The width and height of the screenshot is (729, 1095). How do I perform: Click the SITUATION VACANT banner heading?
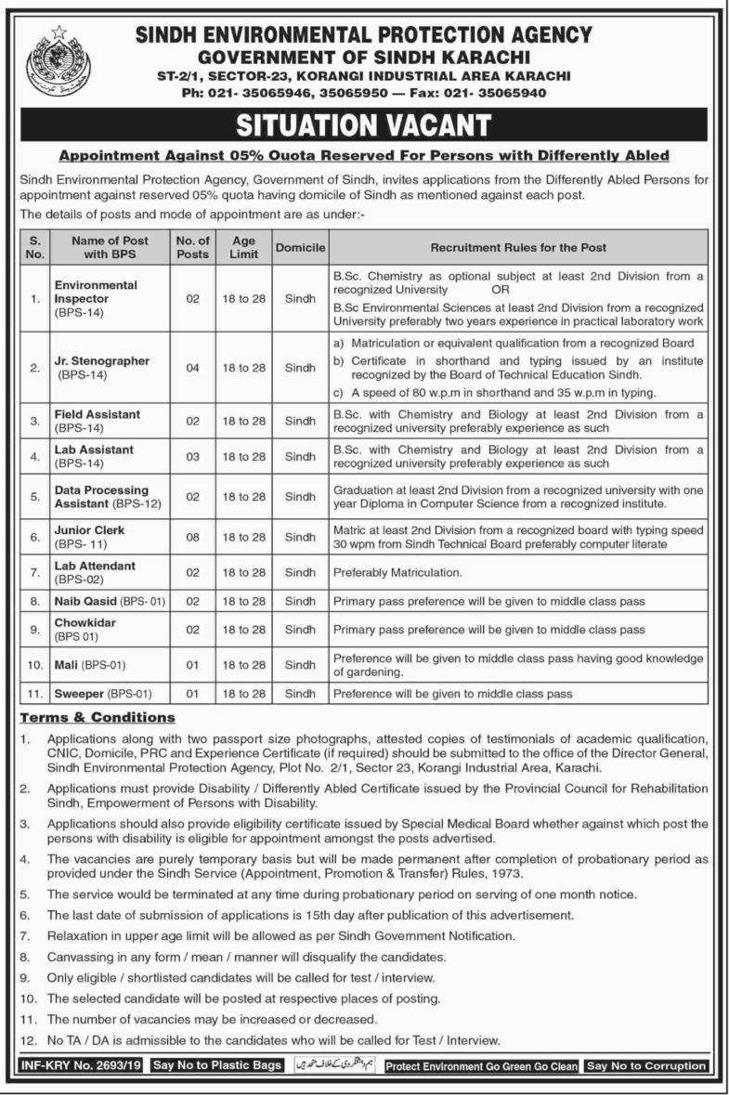click(x=364, y=124)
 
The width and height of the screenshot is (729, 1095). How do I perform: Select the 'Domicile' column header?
click(x=299, y=248)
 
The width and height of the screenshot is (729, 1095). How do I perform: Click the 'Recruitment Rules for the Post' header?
click(x=517, y=248)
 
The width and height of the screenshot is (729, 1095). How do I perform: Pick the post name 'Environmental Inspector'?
click(x=96, y=292)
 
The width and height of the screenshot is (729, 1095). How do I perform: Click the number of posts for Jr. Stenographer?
click(x=192, y=368)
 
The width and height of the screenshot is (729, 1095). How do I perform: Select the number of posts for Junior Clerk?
click(x=192, y=537)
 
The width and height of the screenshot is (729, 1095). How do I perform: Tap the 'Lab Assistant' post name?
click(x=94, y=450)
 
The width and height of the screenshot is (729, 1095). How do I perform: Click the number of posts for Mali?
click(x=192, y=665)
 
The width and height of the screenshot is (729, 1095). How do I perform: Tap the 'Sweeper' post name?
click(x=77, y=694)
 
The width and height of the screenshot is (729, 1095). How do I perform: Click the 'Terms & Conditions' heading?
click(x=98, y=718)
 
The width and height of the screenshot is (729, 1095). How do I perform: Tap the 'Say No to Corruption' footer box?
click(x=646, y=1066)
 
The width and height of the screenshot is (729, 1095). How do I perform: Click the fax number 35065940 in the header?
click(x=514, y=93)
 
